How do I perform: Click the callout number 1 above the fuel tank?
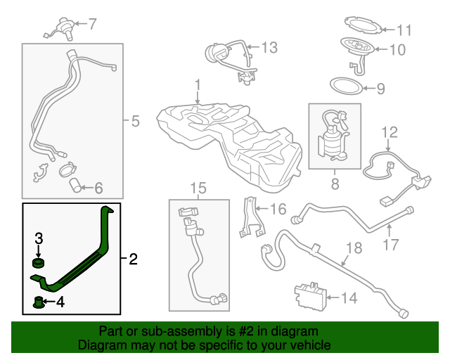tap(198, 84)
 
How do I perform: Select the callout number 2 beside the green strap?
tap(133, 259)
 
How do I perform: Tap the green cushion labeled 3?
tap(39, 264)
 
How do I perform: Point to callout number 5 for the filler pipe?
tap(135, 121)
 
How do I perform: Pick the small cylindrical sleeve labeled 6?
tap(76, 186)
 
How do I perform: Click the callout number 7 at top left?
tap(92, 24)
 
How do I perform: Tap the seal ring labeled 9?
tap(347, 88)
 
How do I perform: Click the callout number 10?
tap(397, 50)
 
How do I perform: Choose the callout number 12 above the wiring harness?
tap(390, 131)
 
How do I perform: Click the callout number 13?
tap(269, 48)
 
